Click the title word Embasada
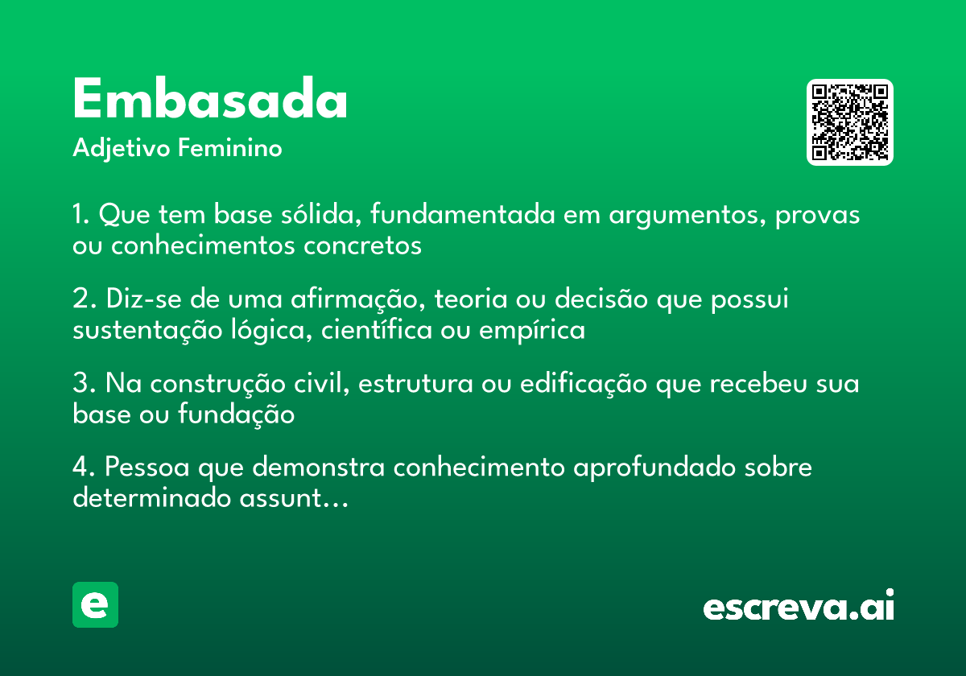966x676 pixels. point(210,101)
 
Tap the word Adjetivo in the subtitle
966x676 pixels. point(121,150)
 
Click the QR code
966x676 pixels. point(850,122)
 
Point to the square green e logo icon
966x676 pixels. point(95,604)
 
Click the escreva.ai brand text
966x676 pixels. point(799,606)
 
